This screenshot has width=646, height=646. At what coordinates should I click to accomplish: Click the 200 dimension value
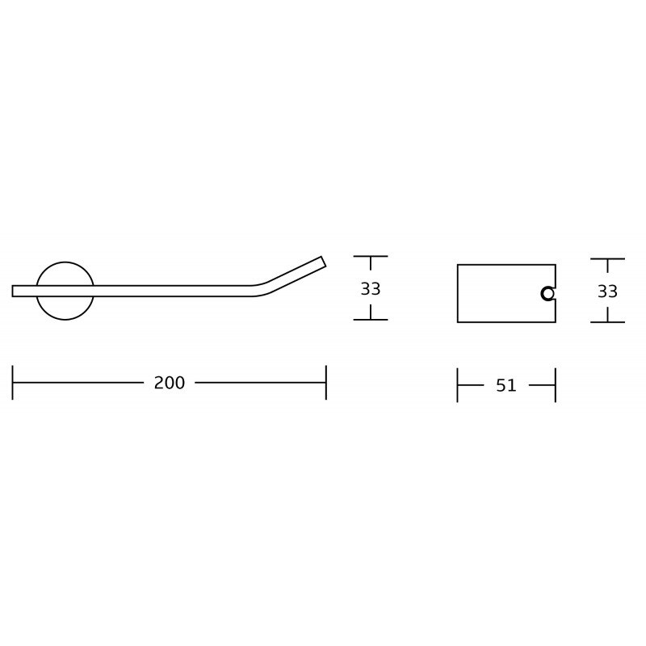(x=170, y=383)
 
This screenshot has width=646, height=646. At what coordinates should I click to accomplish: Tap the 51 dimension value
(x=506, y=386)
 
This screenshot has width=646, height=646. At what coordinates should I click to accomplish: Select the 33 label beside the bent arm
(x=371, y=289)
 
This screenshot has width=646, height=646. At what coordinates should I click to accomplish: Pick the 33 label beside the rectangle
(x=607, y=292)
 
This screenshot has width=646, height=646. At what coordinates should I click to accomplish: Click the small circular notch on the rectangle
(x=548, y=294)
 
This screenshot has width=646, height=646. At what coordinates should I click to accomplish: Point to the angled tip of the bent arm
(x=324, y=262)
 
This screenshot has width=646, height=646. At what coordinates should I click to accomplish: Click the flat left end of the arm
(x=12, y=291)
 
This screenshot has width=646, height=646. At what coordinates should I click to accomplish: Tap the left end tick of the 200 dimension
(x=12, y=382)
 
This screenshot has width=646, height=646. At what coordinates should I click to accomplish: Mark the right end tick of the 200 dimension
(x=326, y=382)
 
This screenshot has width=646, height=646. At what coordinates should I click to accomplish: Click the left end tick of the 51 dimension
(x=457, y=385)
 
